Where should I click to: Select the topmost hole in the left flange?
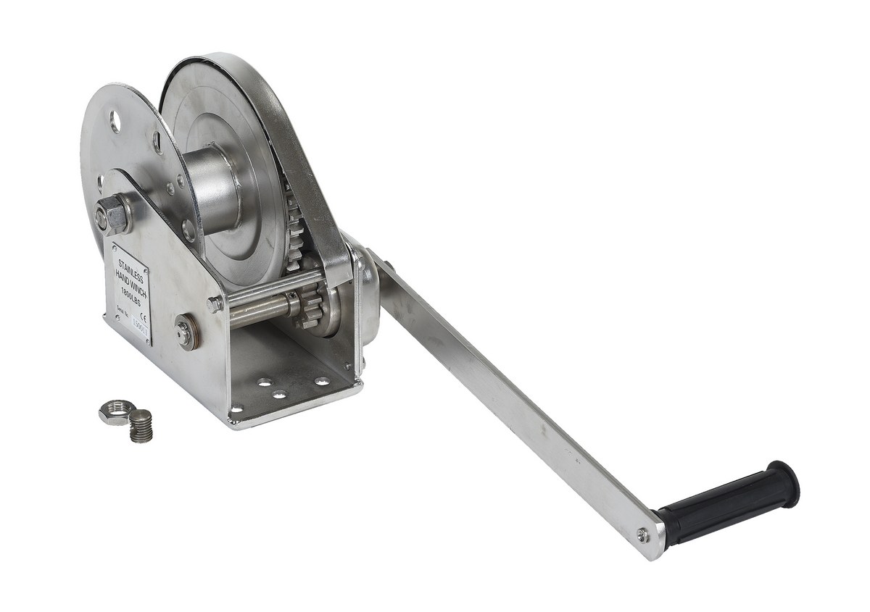[115, 119]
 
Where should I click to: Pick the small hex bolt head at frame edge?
[214, 304]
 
